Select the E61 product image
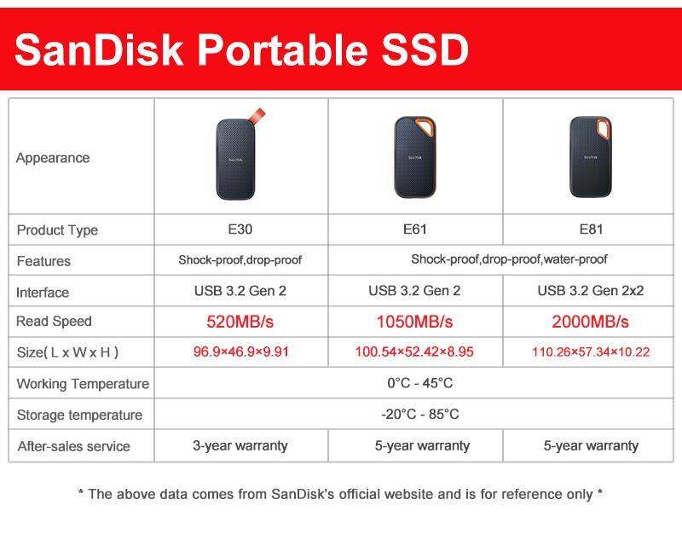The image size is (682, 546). coord(415,157)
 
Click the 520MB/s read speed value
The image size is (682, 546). coord(240,322)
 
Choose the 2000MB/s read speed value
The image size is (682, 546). coord(590,322)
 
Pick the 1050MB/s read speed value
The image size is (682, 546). coord(414,322)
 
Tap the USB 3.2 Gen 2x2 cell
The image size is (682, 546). coord(590,291)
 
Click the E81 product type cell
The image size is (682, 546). coord(590,229)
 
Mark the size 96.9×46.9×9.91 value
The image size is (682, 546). coord(240,351)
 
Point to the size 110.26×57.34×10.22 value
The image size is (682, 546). coord(590,351)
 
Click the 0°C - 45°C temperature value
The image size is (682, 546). coord(419,383)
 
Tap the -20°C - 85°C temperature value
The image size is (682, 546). coord(419,415)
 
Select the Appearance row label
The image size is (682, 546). coord(53,158)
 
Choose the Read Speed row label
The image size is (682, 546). coord(54,322)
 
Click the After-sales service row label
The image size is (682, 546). coord(73,446)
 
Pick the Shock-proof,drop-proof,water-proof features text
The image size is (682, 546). coord(509,259)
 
